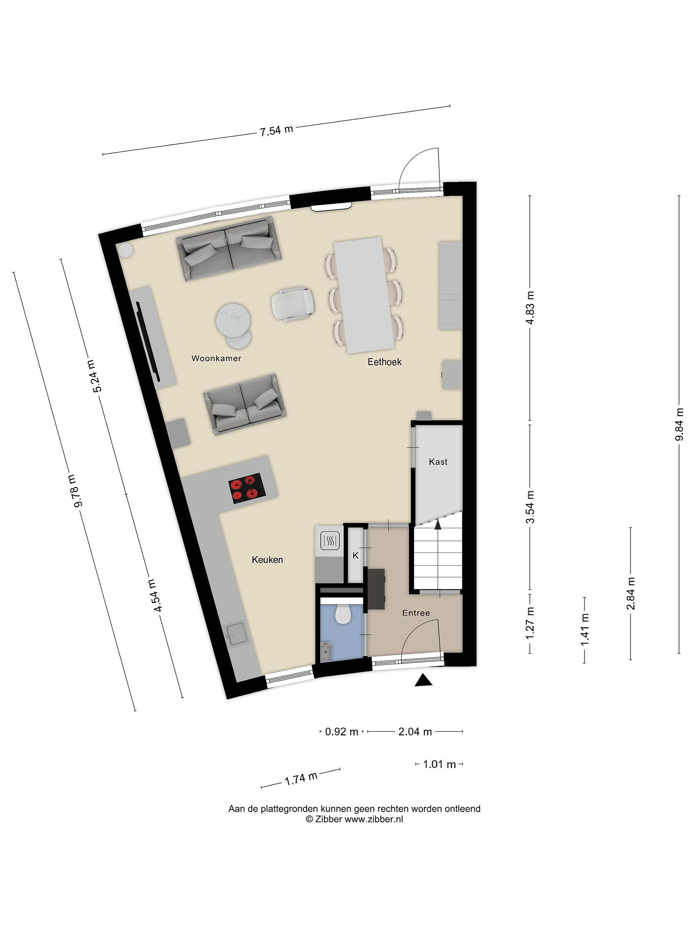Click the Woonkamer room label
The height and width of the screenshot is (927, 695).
pyautogui.click(x=216, y=358)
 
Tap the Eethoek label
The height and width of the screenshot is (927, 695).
pyautogui.click(x=385, y=362)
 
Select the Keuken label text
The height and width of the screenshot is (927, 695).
pyautogui.click(x=267, y=559)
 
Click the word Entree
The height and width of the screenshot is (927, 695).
pyautogui.click(x=416, y=613)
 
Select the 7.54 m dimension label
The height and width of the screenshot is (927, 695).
pyautogui.click(x=276, y=131)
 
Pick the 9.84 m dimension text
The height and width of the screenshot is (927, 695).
pyautogui.click(x=679, y=424)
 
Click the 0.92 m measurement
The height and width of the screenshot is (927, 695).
pyautogui.click(x=342, y=732)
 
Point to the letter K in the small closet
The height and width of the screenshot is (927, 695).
pyautogui.click(x=356, y=556)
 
